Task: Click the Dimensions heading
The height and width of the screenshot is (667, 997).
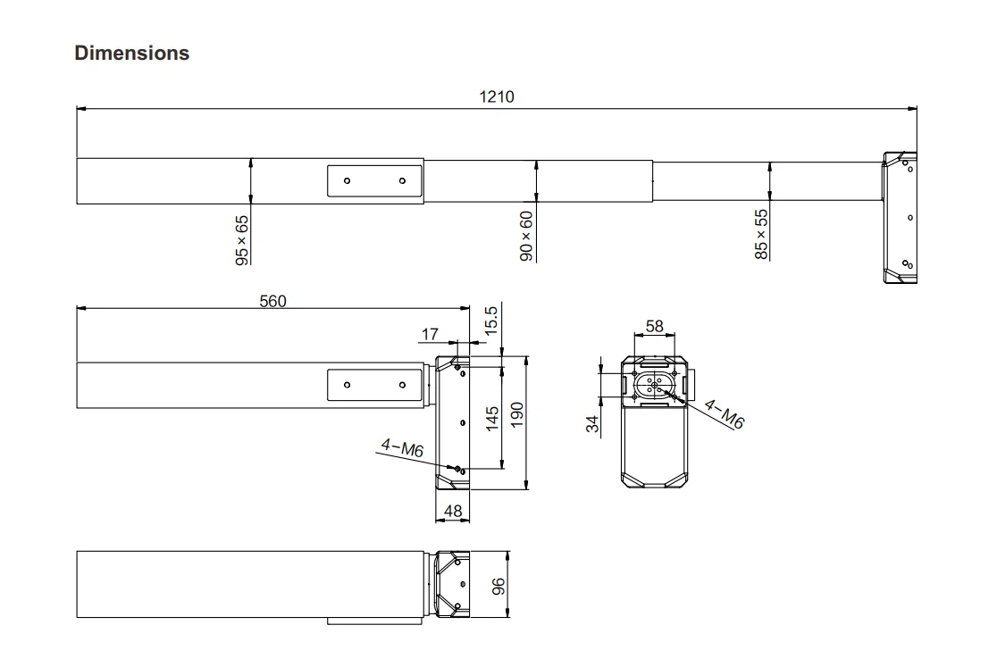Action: click(131, 53)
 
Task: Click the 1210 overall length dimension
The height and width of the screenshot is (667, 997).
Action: click(497, 96)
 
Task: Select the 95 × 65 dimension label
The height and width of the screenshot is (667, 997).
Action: click(242, 240)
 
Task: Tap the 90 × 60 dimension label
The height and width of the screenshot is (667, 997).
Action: click(526, 236)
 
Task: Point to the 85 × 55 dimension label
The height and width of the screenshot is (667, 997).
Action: click(761, 235)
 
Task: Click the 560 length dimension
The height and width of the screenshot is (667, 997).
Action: click(272, 301)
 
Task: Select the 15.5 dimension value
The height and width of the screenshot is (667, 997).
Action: click(490, 321)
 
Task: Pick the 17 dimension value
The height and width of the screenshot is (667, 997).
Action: click(430, 334)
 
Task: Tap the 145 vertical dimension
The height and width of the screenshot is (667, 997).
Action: click(492, 420)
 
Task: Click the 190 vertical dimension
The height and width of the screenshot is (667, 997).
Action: click(516, 414)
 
